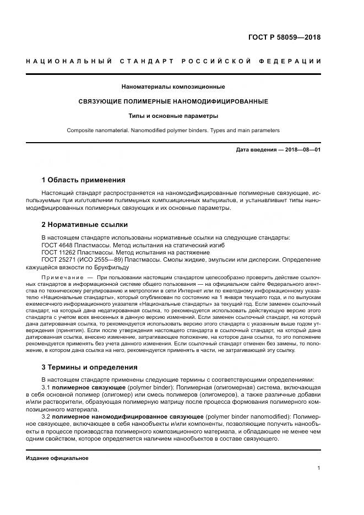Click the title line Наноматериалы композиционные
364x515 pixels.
[x=173, y=86]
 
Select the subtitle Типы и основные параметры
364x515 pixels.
[x=173, y=116]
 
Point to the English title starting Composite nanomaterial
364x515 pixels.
[x=173, y=131]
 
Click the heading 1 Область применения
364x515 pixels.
[x=83, y=180]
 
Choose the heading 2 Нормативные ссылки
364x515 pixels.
[x=85, y=224]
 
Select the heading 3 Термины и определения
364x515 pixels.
[x=90, y=367]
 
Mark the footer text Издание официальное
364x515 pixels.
[x=57, y=458]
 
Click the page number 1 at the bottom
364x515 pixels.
[x=319, y=468]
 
